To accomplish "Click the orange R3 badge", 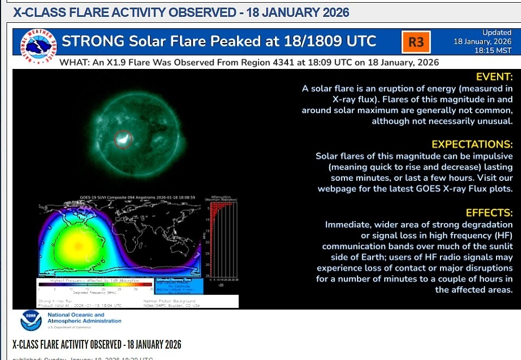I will pos(416,42).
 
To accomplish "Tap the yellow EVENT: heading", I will pos(494,77).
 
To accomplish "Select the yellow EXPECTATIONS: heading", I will pos(472,144).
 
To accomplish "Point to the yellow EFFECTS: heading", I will pos(489,212).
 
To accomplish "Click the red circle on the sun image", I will pos(123,140).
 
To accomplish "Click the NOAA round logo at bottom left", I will pos(30,320).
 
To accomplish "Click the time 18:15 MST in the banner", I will pos(493,50).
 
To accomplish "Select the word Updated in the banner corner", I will pos(496,33).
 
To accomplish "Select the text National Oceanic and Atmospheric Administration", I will pos(84,318).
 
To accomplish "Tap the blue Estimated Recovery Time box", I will pos(174,285).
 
